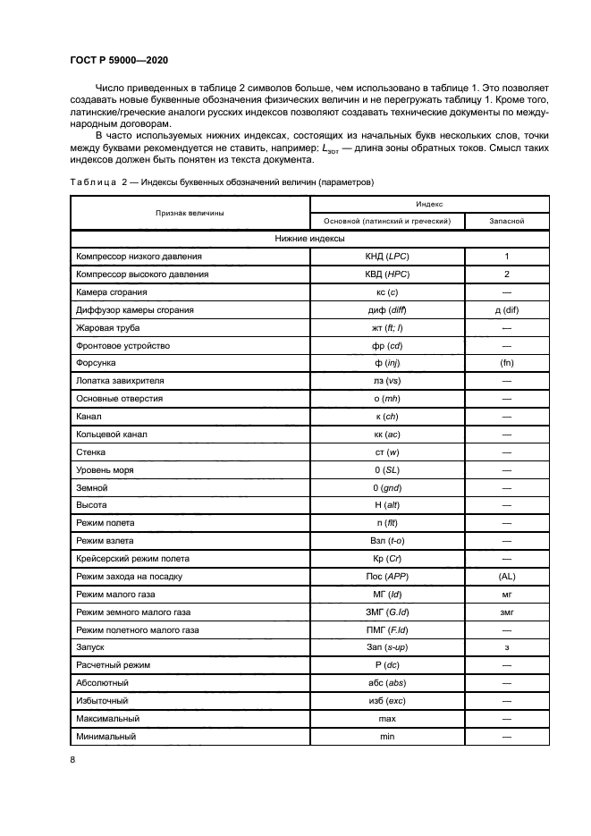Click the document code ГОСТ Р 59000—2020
(x=118, y=59)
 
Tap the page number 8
(x=72, y=759)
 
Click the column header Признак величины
(x=190, y=212)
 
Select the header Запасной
(x=506, y=220)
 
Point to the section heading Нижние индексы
(x=309, y=239)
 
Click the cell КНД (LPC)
(x=386, y=257)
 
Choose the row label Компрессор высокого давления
(x=143, y=274)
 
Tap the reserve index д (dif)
(x=506, y=310)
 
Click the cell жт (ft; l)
(x=386, y=328)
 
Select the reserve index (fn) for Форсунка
(x=506, y=363)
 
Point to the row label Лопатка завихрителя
(x=120, y=381)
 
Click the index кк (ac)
(x=386, y=435)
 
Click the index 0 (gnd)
(x=386, y=488)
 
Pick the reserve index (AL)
(x=506, y=577)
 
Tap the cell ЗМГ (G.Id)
(x=386, y=612)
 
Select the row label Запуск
(x=91, y=648)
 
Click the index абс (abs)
(x=386, y=684)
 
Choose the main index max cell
(x=386, y=719)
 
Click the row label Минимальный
(x=106, y=737)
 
